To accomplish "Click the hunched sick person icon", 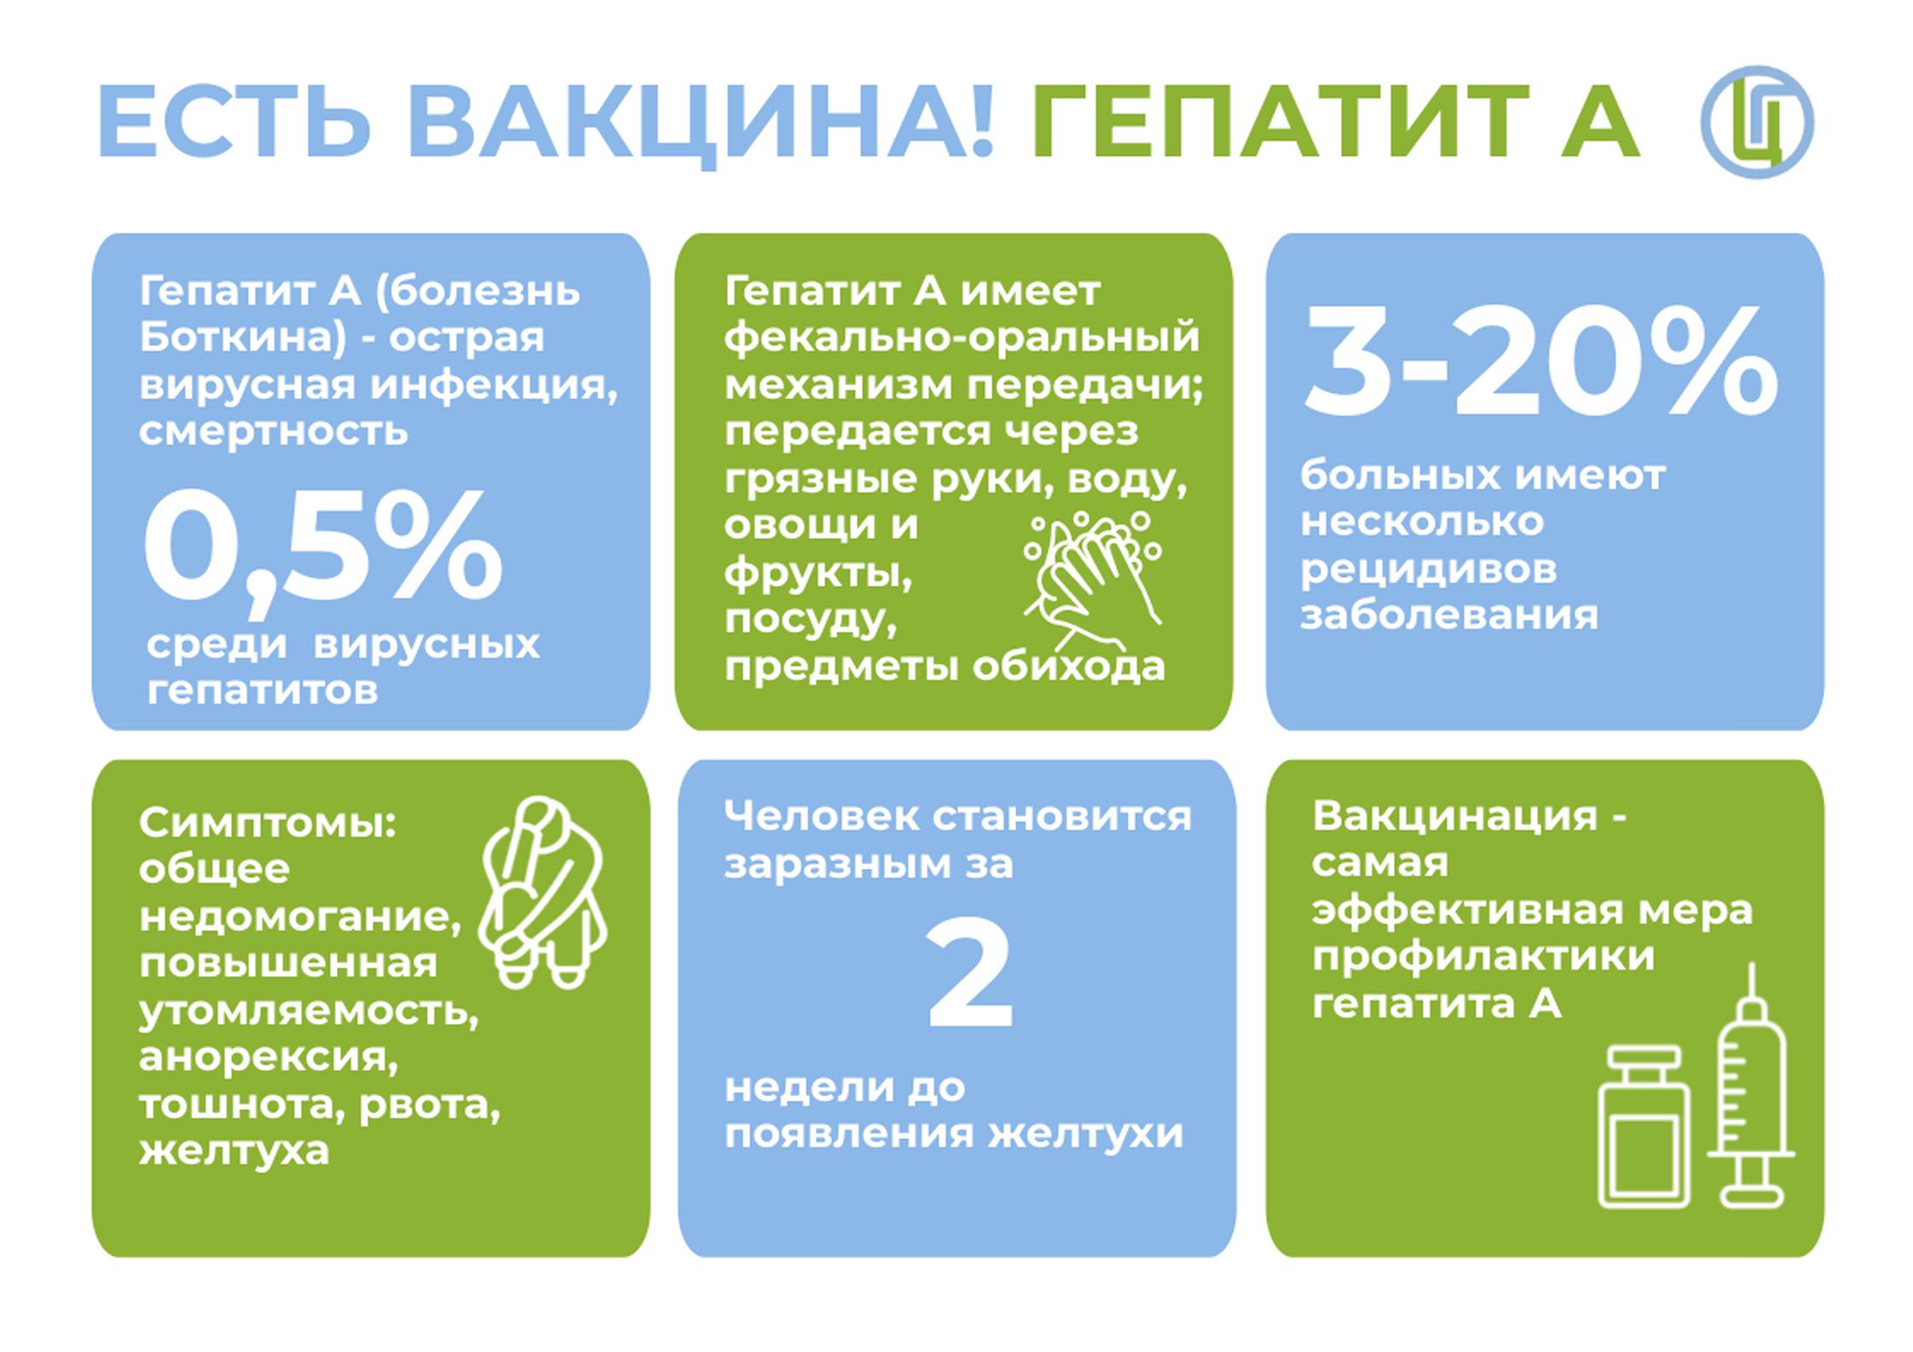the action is (543, 891).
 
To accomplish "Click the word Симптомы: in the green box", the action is (268, 823).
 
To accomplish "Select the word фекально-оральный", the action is (962, 339).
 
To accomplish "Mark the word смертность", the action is (274, 431).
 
